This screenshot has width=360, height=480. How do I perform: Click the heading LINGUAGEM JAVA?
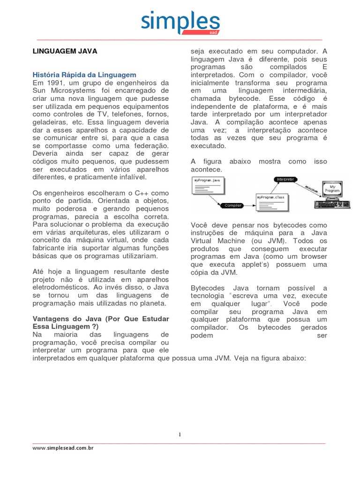[64, 52]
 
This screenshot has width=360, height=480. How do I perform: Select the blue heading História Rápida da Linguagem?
[84, 75]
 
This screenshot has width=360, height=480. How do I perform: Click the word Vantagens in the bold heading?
[52, 318]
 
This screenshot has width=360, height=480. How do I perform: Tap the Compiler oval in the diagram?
[233, 205]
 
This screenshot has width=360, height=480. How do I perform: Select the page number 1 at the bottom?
[180, 435]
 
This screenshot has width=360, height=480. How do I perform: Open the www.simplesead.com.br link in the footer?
[63, 448]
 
